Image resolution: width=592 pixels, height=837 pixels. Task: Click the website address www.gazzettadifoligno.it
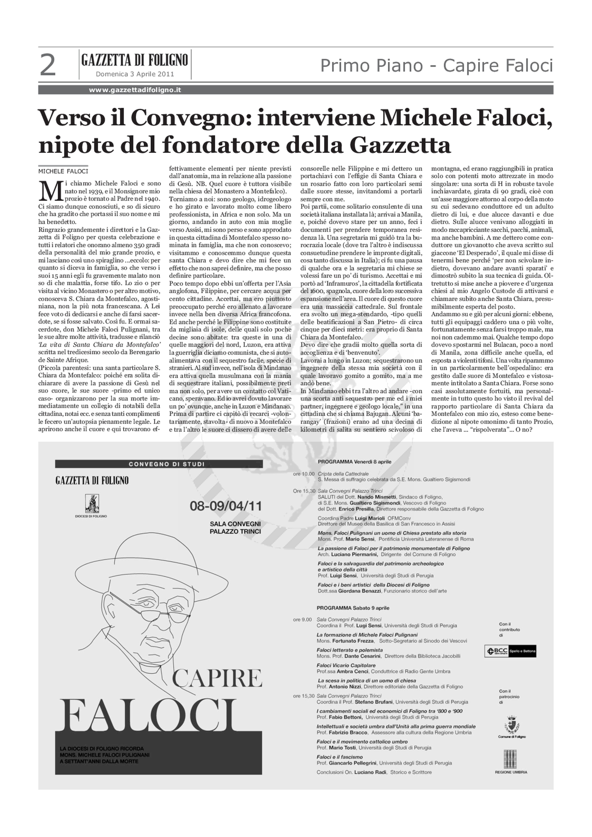coord(135,90)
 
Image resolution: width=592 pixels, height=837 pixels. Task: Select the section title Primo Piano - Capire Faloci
coord(436,66)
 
